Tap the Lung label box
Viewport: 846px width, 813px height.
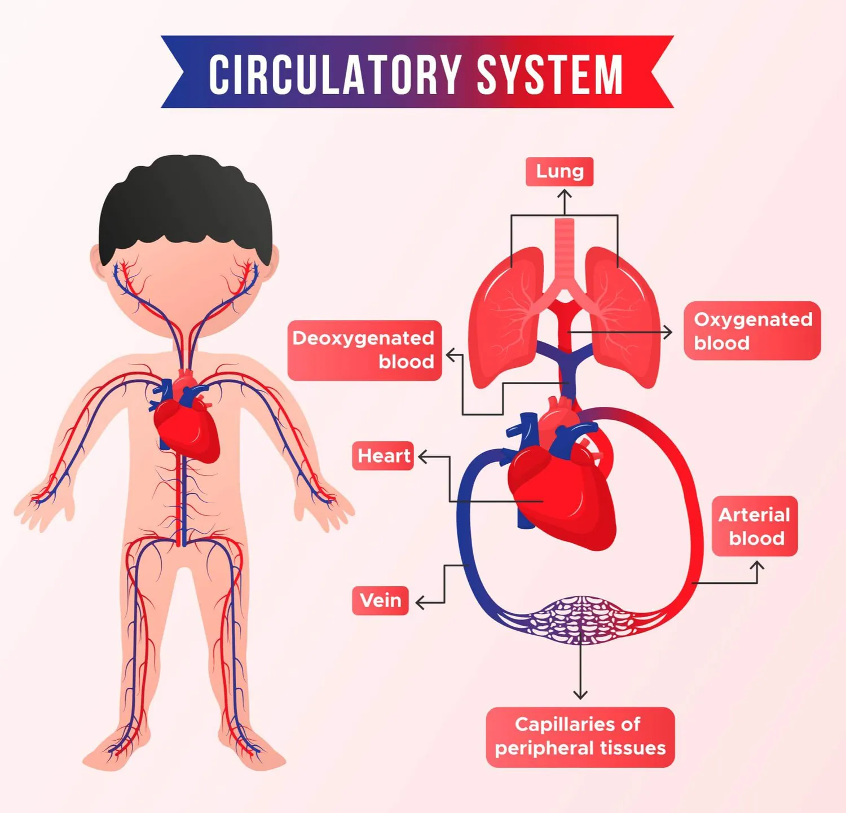pos(559,171)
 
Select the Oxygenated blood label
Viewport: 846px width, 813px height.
pos(752,331)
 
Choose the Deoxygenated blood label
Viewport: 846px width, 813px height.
pos(364,350)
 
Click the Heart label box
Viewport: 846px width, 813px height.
pos(383,455)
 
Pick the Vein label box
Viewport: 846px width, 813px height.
pos(380,600)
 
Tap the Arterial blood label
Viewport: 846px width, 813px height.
pos(754,526)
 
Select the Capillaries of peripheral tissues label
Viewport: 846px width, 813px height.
pos(580,736)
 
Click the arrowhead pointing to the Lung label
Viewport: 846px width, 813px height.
pos(564,194)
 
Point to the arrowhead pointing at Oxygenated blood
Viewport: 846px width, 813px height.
pos(669,332)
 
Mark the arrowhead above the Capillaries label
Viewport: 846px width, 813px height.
pos(580,695)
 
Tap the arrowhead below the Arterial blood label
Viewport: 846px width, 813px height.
pos(759,564)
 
